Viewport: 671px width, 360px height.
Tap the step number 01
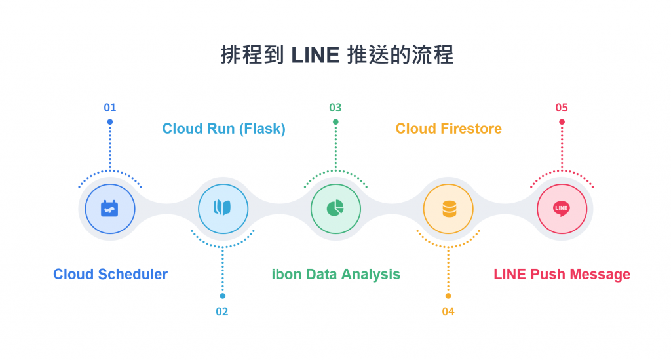tap(110, 108)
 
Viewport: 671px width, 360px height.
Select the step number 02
tap(222, 311)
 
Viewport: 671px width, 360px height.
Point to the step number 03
tap(335, 108)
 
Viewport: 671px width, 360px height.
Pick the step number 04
tap(448, 311)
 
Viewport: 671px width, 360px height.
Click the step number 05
tap(562, 108)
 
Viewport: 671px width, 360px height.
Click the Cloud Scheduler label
tap(110, 274)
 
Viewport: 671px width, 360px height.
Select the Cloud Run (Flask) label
tap(223, 129)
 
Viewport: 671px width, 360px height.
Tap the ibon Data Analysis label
tap(335, 274)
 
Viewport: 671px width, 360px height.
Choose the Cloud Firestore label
tap(448, 129)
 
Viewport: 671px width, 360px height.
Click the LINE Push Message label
tap(562, 274)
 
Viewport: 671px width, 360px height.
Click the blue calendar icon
tap(109, 209)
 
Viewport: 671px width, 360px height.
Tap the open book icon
tap(223, 209)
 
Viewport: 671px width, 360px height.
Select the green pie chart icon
tap(335, 209)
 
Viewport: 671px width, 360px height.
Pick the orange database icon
tap(449, 209)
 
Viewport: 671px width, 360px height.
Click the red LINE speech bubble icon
tap(562, 209)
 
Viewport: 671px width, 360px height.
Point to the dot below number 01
tap(110, 122)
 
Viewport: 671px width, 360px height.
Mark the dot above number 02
tap(223, 296)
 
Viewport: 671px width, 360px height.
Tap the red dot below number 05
tap(562, 122)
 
